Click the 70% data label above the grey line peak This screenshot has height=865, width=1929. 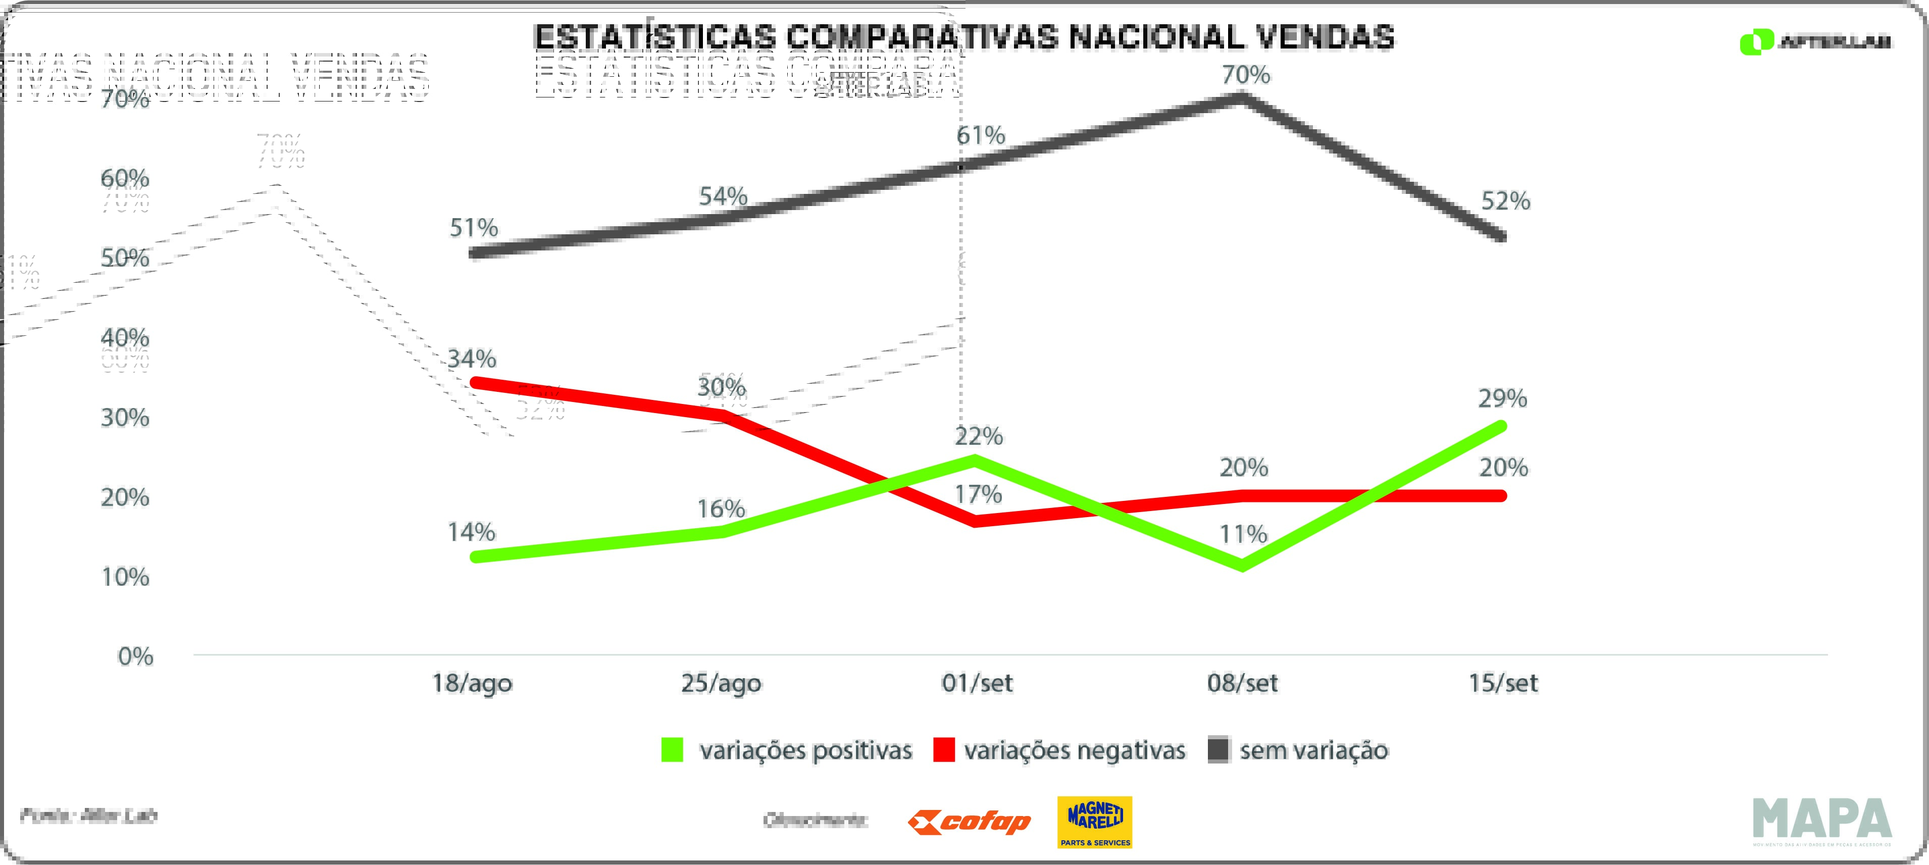[x=1246, y=75]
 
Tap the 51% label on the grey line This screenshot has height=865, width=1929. [x=473, y=228]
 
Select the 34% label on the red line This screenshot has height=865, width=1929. [x=472, y=359]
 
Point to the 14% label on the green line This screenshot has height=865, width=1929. [x=471, y=532]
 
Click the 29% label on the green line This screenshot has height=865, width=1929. [x=1502, y=398]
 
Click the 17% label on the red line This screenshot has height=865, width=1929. [x=978, y=494]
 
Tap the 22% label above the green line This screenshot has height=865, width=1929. [x=979, y=436]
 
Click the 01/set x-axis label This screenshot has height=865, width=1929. [x=977, y=683]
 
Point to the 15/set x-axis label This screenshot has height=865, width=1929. [x=1503, y=683]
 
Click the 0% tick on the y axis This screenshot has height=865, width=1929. [x=135, y=657]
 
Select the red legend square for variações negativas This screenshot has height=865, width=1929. [x=943, y=750]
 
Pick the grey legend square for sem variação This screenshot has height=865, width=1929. [x=1219, y=750]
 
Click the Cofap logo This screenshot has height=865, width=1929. [x=969, y=822]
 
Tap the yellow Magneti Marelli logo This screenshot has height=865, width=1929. [x=1095, y=822]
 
